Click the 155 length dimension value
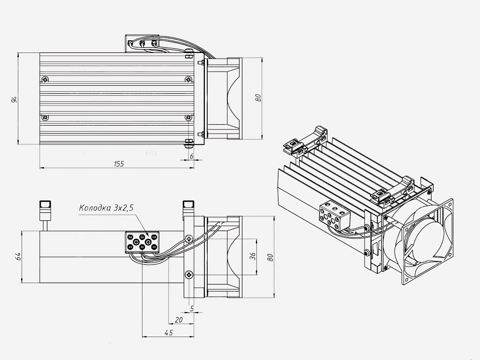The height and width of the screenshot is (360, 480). pos(119,164)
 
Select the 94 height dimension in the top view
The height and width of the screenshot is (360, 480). pos(14,99)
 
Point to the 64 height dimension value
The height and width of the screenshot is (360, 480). pos(18,256)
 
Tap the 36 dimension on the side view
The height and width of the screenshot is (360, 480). pos(253,256)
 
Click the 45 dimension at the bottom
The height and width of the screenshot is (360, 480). pos(168,332)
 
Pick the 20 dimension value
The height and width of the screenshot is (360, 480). pos(179,320)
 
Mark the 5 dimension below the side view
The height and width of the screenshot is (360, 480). pos(192,308)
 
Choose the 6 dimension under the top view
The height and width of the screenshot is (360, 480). pos(192,156)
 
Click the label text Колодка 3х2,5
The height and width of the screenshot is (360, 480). pos(106,208)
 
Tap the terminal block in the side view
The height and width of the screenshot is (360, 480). pos(142,242)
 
